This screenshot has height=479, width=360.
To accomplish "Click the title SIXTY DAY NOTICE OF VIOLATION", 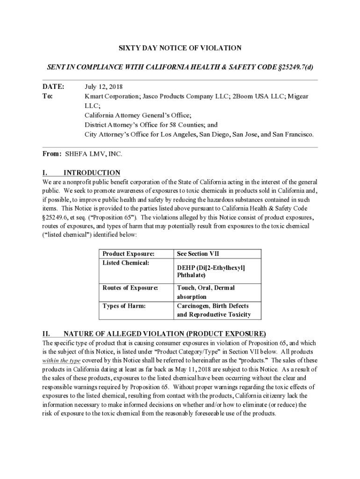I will click(180, 48).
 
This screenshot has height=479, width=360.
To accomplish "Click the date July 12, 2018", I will click(104, 87).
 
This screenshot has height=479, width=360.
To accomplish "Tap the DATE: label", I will click(53, 87).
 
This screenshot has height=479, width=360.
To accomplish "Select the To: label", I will click(48, 96).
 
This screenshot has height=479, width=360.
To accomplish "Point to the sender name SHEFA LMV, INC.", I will click(94, 153).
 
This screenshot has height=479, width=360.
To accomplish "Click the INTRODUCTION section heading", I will click(92, 173).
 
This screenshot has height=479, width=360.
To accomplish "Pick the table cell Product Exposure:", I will click(128, 254).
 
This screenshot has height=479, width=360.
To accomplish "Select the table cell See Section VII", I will click(198, 254).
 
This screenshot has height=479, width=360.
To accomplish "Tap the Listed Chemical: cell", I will click(126, 263).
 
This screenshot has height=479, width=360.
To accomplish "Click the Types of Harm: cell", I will click(124, 305).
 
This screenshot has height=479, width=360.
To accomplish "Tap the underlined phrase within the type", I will click(61, 360).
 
